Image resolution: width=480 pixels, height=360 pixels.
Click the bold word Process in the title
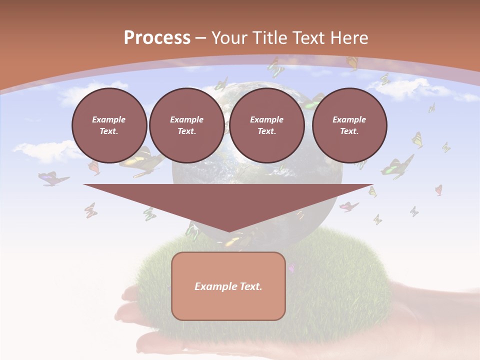click(x=157, y=38)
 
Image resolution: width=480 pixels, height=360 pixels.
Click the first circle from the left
click(x=109, y=125)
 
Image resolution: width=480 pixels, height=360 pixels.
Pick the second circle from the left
click(x=186, y=125)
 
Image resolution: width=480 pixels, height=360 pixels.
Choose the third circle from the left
click(x=266, y=125)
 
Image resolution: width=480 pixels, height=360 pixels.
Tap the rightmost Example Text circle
click(x=349, y=125)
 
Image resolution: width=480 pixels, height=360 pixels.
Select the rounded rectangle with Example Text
click(x=228, y=286)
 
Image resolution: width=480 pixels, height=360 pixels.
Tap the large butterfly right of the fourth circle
click(x=398, y=166)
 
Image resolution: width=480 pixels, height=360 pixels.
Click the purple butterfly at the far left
click(x=53, y=178)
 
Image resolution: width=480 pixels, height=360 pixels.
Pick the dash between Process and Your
click(x=201, y=38)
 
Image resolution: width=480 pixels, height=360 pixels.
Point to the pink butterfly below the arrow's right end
click(x=348, y=206)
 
